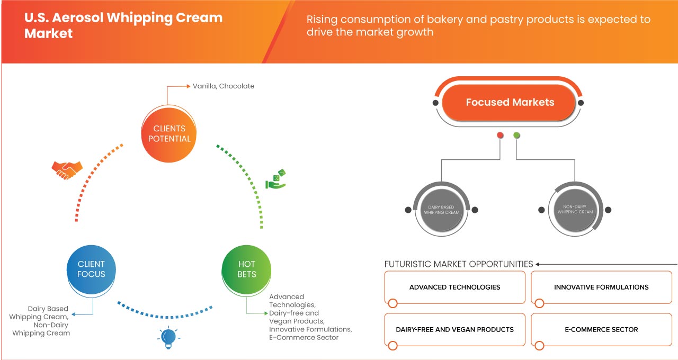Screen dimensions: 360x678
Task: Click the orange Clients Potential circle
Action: coord(169,133)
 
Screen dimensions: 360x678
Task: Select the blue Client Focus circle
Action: coord(91,269)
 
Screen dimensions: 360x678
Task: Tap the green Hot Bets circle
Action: coord(246,269)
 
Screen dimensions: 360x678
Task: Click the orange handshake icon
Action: coord(67,169)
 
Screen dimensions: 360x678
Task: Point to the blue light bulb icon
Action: coord(168,337)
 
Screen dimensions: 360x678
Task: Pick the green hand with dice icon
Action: coord(276,179)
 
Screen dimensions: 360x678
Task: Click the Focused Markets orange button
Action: coord(510,102)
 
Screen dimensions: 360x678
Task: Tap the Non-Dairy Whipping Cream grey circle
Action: coord(575,209)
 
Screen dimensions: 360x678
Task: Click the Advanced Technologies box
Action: coord(454,287)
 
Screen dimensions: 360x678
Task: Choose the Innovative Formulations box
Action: coord(601,287)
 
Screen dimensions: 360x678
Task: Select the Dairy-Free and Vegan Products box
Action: coord(454,329)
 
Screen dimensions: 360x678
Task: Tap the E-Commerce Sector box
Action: coord(601,329)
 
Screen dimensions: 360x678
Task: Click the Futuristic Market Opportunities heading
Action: coord(458,264)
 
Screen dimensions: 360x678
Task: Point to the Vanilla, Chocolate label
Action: coord(223,86)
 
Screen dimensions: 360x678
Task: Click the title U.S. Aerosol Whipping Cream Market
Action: coord(123,25)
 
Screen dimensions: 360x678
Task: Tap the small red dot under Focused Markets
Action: coord(500,136)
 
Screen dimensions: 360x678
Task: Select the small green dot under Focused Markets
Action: coord(517,136)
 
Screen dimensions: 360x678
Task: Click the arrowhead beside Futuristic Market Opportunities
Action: coord(538,264)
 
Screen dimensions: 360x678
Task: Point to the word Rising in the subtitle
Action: coord(322,20)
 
